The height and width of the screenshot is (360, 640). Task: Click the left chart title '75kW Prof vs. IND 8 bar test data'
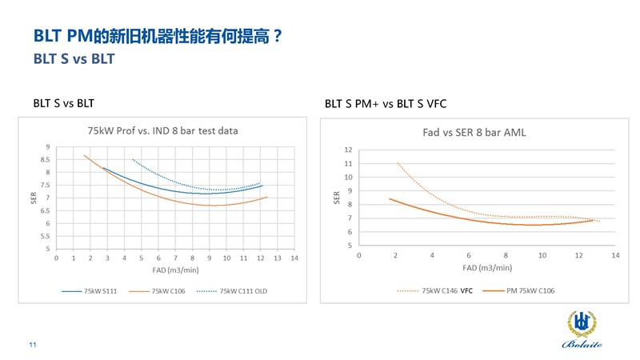[162, 130]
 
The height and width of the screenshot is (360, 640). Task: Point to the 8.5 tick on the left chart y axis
[48, 159]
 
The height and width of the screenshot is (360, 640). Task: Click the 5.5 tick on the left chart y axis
[48, 236]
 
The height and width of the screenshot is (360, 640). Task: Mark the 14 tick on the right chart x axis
[615, 254]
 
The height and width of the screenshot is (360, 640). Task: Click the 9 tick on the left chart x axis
[210, 258]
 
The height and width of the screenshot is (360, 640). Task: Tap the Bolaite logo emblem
[580, 321]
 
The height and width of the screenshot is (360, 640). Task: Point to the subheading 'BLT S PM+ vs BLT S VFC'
[381, 103]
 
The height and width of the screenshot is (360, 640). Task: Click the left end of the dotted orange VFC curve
[398, 163]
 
